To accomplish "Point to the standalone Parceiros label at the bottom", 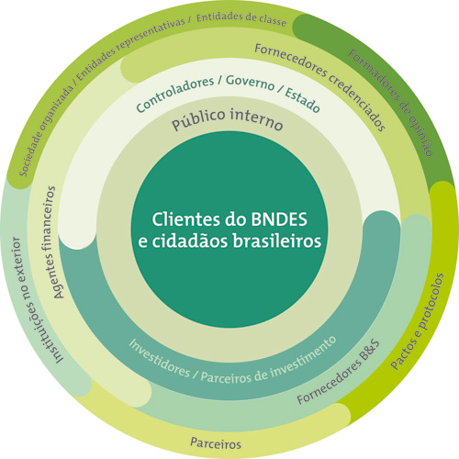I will [x=216, y=442].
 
